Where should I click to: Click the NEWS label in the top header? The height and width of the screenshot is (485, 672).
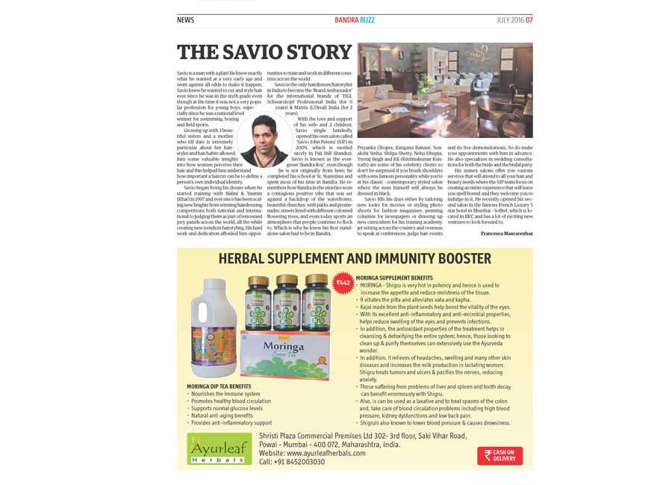[185, 20]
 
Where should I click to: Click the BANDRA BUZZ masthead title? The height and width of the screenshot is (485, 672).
[355, 20]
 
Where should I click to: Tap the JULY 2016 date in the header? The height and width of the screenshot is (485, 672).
[514, 20]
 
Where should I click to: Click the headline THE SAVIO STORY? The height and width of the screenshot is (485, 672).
[264, 52]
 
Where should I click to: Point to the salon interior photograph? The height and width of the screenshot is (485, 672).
[445, 90]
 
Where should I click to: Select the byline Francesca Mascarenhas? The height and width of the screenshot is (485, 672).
[507, 234]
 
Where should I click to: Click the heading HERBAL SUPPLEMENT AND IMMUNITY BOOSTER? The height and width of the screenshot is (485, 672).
[355, 260]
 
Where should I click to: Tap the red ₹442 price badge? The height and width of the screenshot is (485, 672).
[343, 283]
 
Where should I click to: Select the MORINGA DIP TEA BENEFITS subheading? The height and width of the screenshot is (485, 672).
[219, 386]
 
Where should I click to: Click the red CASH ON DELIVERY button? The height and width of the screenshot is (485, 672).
[500, 455]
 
